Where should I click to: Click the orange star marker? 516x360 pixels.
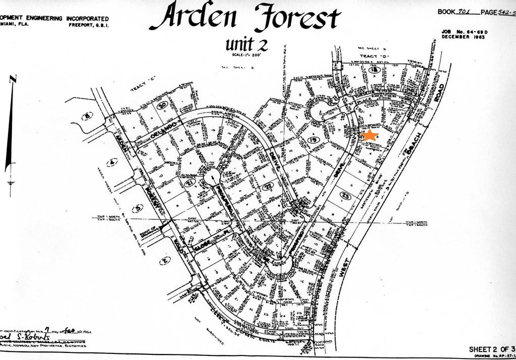click(x=370, y=136)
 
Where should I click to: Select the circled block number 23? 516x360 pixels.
click(x=345, y=195)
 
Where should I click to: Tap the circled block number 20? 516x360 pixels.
click(x=162, y=106)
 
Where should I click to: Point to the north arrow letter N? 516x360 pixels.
click(x=14, y=79)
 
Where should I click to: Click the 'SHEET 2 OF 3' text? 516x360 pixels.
click(x=491, y=349)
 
